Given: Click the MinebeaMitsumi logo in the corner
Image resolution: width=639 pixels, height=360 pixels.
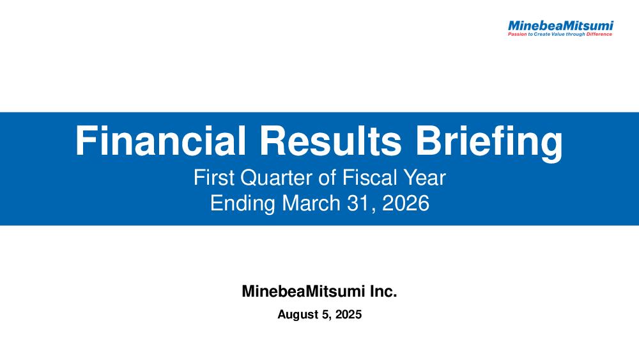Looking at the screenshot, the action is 560,28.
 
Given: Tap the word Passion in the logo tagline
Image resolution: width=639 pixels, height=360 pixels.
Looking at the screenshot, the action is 517,35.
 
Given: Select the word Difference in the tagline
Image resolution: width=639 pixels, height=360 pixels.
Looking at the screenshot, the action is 599,35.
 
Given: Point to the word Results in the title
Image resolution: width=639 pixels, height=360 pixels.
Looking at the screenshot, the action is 330,141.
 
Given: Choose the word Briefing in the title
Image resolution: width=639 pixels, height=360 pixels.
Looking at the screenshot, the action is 489,143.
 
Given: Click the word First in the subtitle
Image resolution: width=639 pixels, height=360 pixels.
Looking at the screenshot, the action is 213,178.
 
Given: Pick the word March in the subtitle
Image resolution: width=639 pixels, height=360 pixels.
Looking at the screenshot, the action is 311,203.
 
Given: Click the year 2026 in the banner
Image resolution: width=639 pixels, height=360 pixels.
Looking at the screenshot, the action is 406,203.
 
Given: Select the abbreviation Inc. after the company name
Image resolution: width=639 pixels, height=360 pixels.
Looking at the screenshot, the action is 383,292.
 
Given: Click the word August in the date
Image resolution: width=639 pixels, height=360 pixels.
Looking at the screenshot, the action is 297,315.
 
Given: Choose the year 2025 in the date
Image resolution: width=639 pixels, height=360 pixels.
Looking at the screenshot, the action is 348,315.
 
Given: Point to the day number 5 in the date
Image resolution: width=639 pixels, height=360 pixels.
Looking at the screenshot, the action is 325,315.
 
